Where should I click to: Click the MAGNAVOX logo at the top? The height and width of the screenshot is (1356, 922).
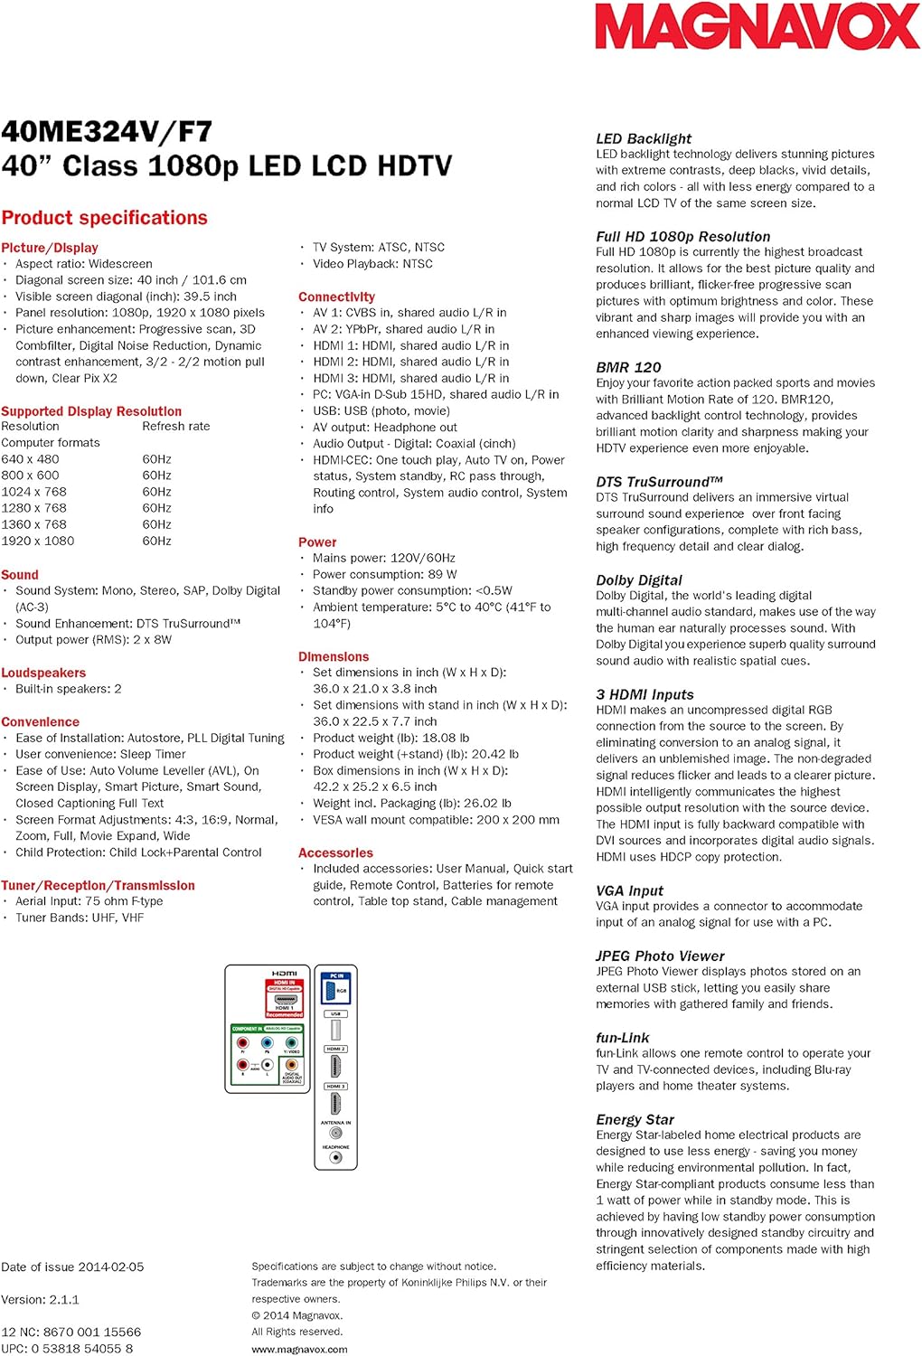click(x=757, y=27)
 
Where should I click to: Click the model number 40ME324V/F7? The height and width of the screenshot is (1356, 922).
click(x=107, y=132)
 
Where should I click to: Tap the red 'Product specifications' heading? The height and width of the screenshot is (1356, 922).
click(x=104, y=218)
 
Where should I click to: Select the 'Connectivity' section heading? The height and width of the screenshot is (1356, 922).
click(x=336, y=297)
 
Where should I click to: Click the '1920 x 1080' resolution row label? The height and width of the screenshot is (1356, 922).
click(x=38, y=541)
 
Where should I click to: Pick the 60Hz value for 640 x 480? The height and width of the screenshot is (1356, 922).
click(x=156, y=459)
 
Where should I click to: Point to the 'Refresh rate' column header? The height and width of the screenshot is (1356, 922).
click(x=175, y=427)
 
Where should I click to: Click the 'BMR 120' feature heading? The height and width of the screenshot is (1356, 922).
click(x=628, y=367)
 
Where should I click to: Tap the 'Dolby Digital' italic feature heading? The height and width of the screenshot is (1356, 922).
click(x=638, y=580)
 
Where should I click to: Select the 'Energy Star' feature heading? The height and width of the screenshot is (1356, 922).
click(x=635, y=1119)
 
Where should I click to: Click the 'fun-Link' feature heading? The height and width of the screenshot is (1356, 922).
click(x=622, y=1038)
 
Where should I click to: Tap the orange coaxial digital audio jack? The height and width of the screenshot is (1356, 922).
click(x=291, y=1065)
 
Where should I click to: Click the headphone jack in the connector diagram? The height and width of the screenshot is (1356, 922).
click(x=335, y=1157)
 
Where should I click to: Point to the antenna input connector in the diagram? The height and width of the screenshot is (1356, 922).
click(x=335, y=1133)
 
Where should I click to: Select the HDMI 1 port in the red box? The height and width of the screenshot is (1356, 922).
click(x=284, y=1000)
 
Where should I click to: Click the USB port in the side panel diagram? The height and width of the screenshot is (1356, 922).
click(x=335, y=1029)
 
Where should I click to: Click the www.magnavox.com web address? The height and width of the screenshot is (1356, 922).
click(x=299, y=1349)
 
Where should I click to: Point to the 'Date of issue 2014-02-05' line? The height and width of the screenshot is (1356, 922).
click(x=72, y=1267)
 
